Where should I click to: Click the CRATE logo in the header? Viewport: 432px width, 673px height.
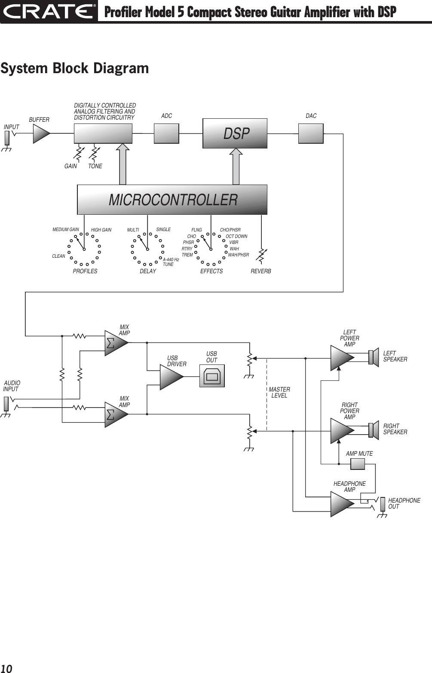click(48, 12)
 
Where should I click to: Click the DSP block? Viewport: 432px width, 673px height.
click(235, 133)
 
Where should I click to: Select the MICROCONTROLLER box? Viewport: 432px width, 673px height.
click(172, 200)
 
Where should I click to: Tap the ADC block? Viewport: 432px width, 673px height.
click(166, 133)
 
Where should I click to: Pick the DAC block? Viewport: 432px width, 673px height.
click(311, 133)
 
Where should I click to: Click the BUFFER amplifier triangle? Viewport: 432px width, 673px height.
click(40, 133)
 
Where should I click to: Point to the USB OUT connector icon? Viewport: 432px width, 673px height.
click(212, 376)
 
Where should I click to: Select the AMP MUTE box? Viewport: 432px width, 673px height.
click(358, 464)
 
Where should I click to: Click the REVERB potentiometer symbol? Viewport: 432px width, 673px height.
click(261, 255)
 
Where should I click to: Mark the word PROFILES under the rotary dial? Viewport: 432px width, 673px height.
click(85, 272)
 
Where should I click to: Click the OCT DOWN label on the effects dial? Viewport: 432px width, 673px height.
click(236, 236)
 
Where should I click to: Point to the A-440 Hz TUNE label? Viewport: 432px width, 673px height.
click(170, 262)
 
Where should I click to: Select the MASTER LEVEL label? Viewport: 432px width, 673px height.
click(279, 392)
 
